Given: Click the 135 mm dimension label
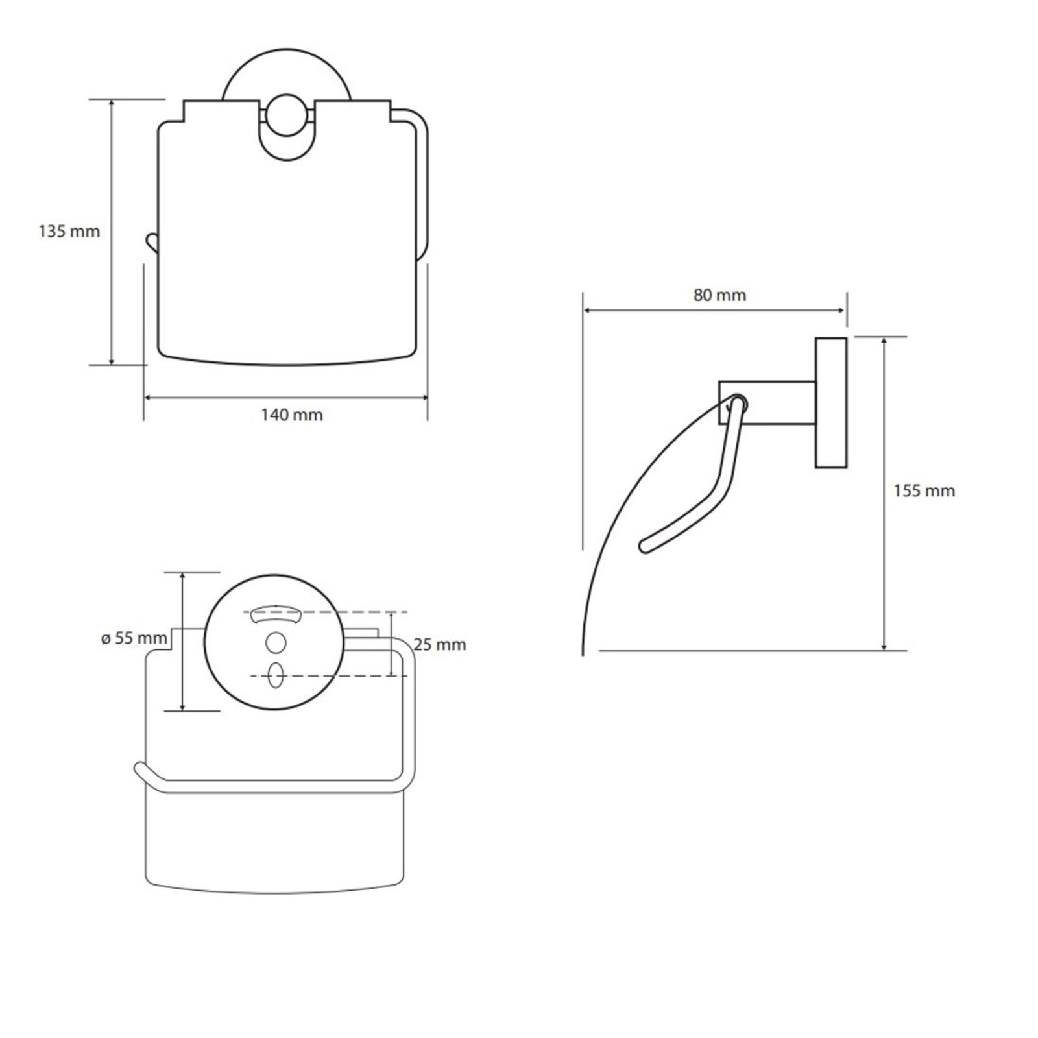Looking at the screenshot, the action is [x=69, y=231].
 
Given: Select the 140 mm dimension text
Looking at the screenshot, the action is [x=292, y=415].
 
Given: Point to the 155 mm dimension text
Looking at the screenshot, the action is [x=924, y=490].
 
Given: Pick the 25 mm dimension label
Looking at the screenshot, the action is [x=440, y=644].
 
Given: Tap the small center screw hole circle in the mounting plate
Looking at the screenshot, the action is [x=276, y=643].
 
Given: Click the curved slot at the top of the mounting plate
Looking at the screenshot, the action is [x=276, y=612].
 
